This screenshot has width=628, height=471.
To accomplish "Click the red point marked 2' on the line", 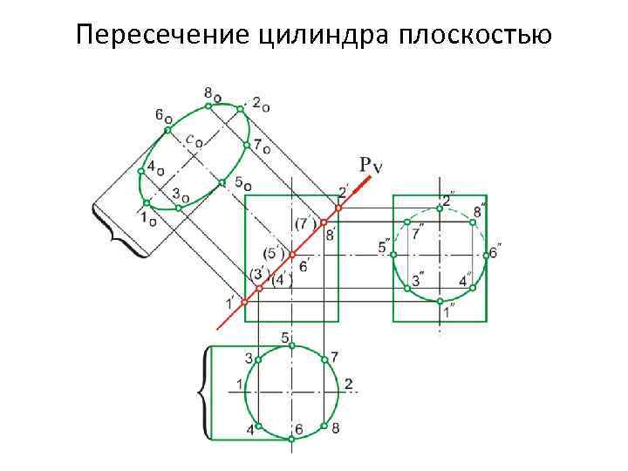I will click(x=339, y=208).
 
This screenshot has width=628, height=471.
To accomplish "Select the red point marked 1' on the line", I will click(x=244, y=299).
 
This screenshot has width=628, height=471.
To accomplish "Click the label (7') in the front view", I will click(x=306, y=223).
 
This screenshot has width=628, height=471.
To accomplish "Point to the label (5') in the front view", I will click(x=276, y=254).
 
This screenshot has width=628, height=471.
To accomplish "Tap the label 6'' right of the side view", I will click(x=494, y=253).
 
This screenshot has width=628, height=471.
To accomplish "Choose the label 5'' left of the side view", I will click(x=385, y=247).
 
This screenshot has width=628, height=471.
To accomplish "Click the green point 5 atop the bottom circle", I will click(x=292, y=346).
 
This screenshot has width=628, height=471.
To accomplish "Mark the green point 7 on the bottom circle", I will click(x=324, y=358).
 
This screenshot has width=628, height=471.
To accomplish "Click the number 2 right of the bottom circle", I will click(x=348, y=384).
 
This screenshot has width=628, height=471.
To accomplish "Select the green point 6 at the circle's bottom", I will click(x=292, y=439).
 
